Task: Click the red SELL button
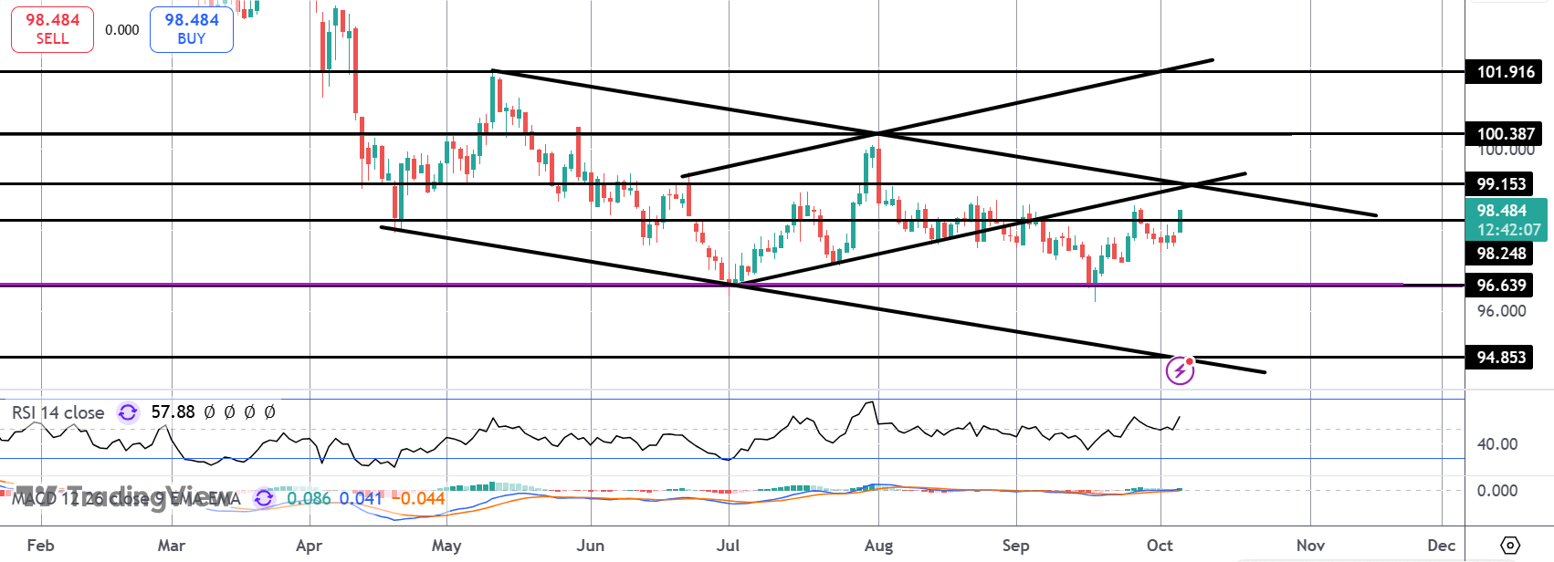tap(52, 29)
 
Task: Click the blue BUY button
tap(192, 29)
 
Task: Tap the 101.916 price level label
tap(1506, 72)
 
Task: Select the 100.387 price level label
tap(1506, 134)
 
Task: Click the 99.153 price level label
tap(1501, 184)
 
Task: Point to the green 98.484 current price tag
tap(1507, 220)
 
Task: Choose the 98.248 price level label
tap(1501, 254)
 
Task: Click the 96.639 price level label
tap(1501, 286)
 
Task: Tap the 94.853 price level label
tap(1501, 358)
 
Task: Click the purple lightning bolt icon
tap(1180, 370)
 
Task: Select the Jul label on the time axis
tap(728, 546)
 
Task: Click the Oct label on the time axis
tap(1160, 546)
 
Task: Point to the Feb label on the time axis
tap(40, 546)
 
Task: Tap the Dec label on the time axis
tap(1441, 546)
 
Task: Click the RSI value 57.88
tap(173, 412)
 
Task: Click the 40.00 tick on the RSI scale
tap(1497, 444)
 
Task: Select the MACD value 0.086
tap(309, 499)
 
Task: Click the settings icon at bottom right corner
tap(1510, 546)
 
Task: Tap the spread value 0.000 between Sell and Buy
tap(122, 30)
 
